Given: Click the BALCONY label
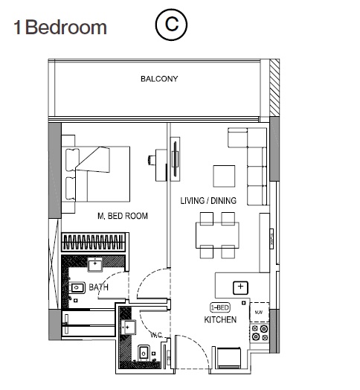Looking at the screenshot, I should (160, 79).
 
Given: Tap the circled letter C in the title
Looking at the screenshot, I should (170, 25).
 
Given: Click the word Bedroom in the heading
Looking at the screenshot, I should (67, 28).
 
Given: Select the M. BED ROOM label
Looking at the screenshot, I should (123, 216).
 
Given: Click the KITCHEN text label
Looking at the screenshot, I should (220, 320).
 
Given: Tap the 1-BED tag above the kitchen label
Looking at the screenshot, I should (220, 307).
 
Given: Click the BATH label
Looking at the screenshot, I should (99, 287).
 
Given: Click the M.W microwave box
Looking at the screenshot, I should (258, 312).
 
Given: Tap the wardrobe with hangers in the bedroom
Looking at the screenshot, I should (93, 243).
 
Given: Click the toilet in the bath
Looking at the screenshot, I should (79, 287).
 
